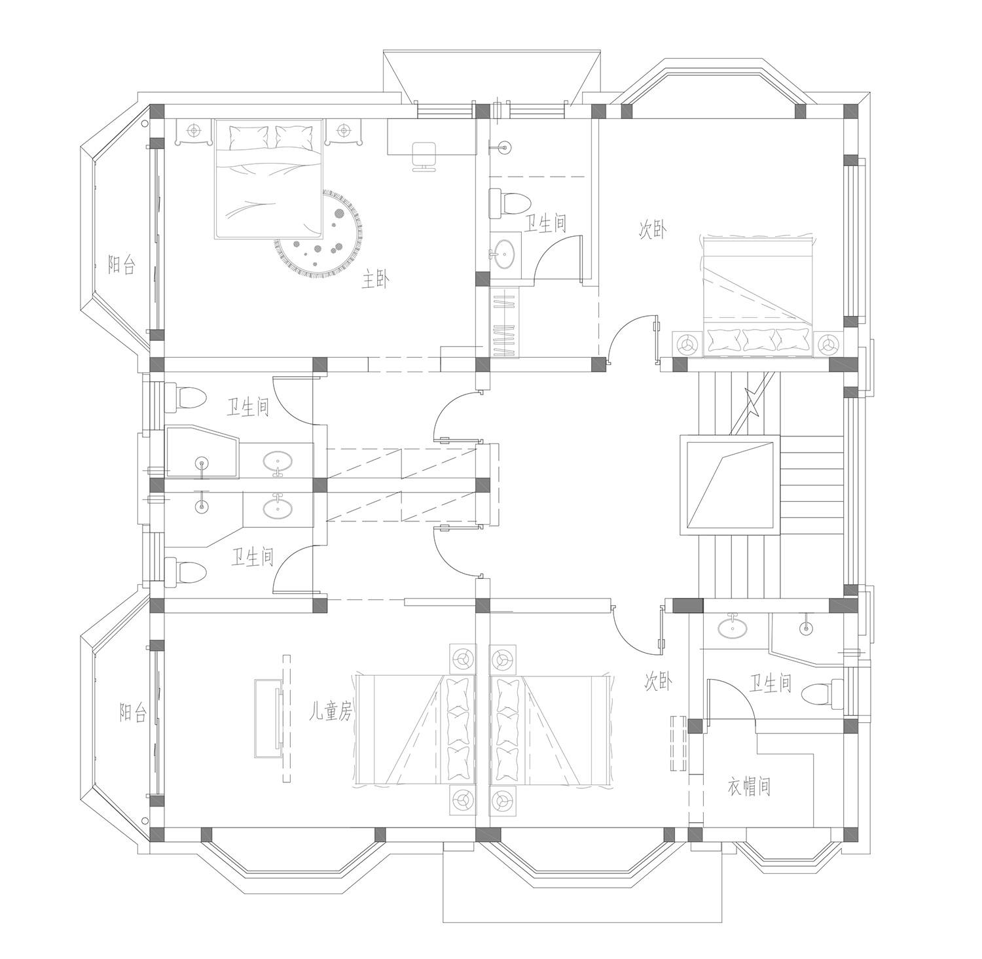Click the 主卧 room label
(x=376, y=281)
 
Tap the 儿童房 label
(x=331, y=712)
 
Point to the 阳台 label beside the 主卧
(x=122, y=264)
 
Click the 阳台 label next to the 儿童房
(x=133, y=712)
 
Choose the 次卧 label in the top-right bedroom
(x=653, y=230)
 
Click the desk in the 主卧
(x=431, y=137)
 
